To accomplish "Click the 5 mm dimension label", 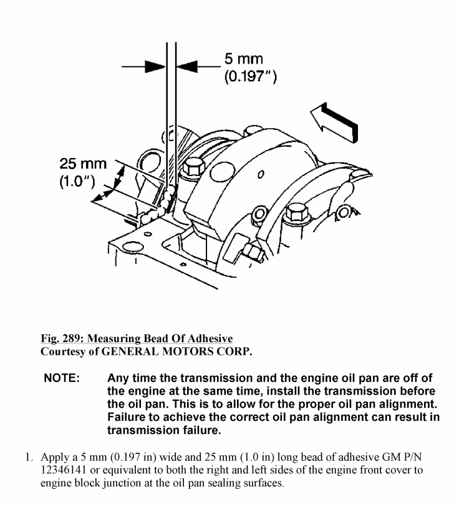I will [244, 59].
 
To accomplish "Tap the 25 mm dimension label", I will [83, 164].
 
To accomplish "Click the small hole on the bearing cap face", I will [262, 173].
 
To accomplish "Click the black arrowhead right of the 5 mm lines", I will [188, 65].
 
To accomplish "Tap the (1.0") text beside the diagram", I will [77, 182].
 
